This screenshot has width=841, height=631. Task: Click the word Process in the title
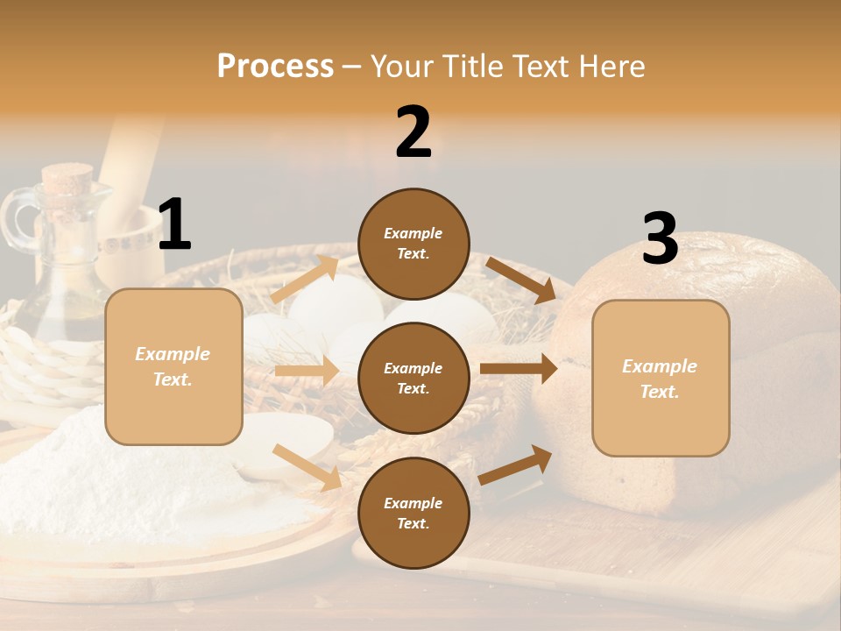click(x=275, y=67)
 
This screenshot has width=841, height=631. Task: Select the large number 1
click(x=174, y=225)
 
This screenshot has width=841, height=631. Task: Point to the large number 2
click(x=413, y=132)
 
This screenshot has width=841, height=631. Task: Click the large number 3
click(x=660, y=239)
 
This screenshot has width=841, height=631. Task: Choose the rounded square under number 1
click(x=173, y=366)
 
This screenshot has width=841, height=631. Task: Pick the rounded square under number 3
click(x=661, y=378)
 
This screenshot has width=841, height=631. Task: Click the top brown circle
click(x=413, y=244)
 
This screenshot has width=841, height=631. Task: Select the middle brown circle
click(x=413, y=378)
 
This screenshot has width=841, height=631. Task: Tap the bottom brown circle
click(x=413, y=513)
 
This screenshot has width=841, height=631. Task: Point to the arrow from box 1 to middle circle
click(x=307, y=371)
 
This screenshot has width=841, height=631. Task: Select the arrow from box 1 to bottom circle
click(x=307, y=467)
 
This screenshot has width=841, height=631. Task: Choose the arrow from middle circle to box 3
click(x=519, y=369)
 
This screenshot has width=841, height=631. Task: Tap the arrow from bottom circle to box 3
click(x=516, y=464)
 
